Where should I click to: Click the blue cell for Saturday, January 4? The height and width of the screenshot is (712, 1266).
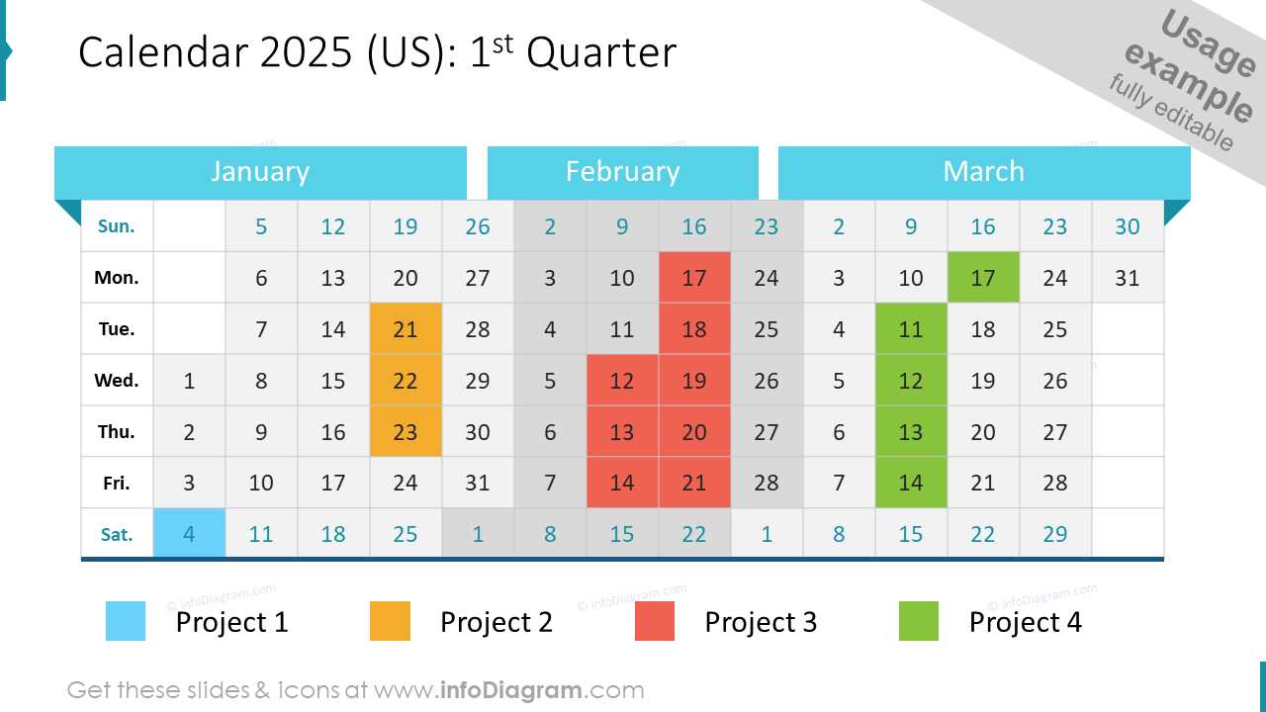pyautogui.click(x=189, y=534)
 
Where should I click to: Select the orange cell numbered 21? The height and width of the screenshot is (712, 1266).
pyautogui.click(x=406, y=328)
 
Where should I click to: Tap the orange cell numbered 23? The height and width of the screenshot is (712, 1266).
pyautogui.click(x=406, y=431)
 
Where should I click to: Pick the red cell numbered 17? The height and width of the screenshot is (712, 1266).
pyautogui.click(x=694, y=277)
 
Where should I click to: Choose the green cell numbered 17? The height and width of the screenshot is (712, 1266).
pyautogui.click(x=983, y=277)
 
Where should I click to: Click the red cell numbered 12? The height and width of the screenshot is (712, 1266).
pyautogui.click(x=622, y=380)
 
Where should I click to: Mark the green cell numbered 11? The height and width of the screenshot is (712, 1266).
pyautogui.click(x=911, y=328)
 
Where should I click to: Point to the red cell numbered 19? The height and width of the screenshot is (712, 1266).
pyautogui.click(x=694, y=380)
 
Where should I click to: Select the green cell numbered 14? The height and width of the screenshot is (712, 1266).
pyautogui.click(x=911, y=483)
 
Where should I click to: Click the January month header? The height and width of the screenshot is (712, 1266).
pyautogui.click(x=260, y=172)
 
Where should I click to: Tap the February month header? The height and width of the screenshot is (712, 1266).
pyautogui.click(x=622, y=172)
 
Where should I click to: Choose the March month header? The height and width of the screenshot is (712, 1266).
pyautogui.click(x=983, y=172)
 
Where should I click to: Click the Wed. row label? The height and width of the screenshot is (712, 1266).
pyautogui.click(x=117, y=380)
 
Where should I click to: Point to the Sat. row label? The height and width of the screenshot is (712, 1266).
pyautogui.click(x=117, y=534)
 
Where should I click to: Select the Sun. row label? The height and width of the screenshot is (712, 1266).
pyautogui.click(x=117, y=225)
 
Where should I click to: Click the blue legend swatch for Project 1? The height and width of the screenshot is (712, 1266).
pyautogui.click(x=126, y=621)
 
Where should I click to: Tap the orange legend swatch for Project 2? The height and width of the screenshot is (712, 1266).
pyautogui.click(x=390, y=621)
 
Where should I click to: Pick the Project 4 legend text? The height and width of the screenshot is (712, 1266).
pyautogui.click(x=1025, y=622)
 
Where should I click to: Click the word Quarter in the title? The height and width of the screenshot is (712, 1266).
pyautogui.click(x=601, y=53)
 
